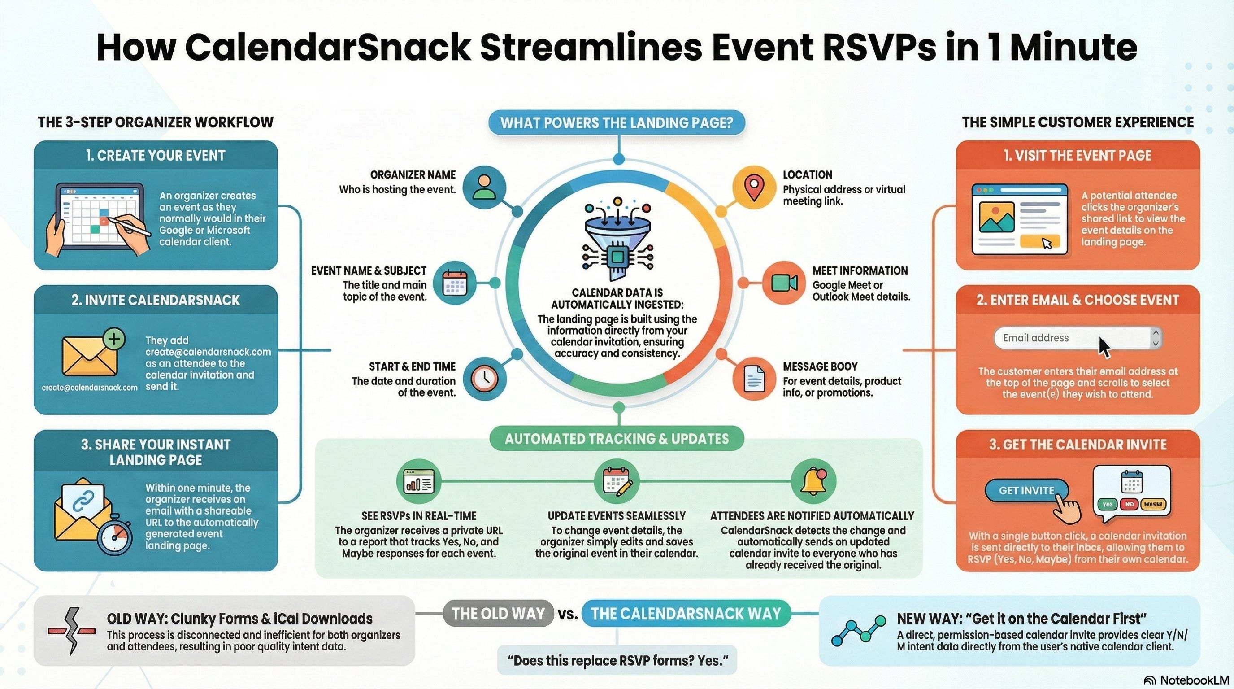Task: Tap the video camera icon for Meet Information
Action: [784, 283]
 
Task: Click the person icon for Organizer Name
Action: [485, 187]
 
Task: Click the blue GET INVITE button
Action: [1026, 491]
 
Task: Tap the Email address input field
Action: [1073, 338]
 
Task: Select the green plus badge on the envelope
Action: [114, 339]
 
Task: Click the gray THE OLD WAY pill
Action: [498, 614]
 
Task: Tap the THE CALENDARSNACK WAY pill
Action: [686, 614]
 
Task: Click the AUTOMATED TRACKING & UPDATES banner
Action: [617, 439]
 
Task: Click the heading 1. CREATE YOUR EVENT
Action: [156, 156]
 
